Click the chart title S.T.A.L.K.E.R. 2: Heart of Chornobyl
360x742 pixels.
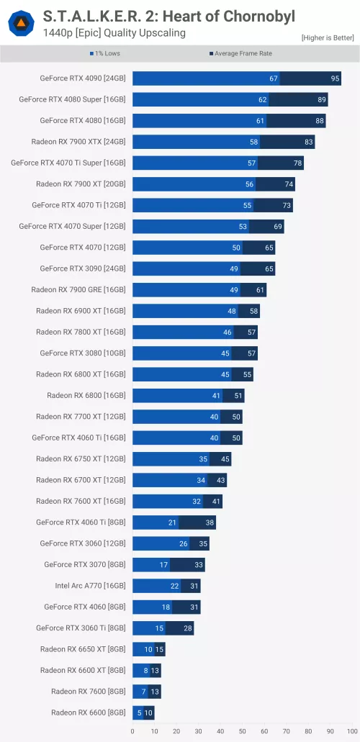[x=168, y=16]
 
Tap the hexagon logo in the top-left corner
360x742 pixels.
[x=21, y=24]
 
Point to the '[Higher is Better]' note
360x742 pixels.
[x=328, y=37]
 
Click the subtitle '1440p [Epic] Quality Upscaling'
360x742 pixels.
[x=114, y=33]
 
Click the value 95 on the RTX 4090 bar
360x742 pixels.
[x=335, y=78]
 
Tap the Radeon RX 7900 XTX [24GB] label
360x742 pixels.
[x=78, y=142]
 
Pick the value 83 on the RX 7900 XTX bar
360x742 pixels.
[x=309, y=142]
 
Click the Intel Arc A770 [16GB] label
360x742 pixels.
[x=90, y=586]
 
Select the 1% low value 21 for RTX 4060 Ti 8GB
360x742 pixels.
[x=173, y=522]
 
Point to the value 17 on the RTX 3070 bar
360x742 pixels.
[x=164, y=565]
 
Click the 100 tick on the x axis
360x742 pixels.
[x=352, y=731]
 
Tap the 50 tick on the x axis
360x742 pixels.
[x=243, y=731]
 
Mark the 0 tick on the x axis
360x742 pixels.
[x=132, y=731]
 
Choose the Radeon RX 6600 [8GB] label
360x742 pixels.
[x=88, y=712]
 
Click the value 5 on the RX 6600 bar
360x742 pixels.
[x=138, y=712]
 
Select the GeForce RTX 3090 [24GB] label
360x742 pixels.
[x=82, y=268]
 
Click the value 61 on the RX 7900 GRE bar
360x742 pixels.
[x=261, y=290]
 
